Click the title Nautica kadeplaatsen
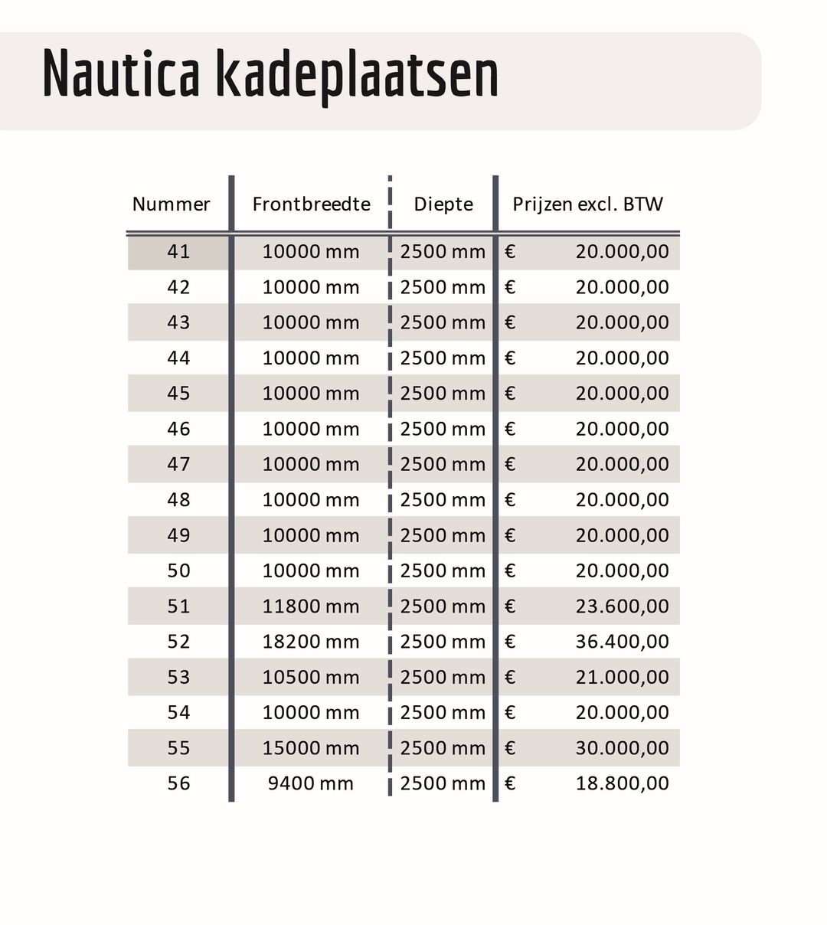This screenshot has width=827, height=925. (x=270, y=74)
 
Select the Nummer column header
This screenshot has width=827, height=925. (x=171, y=204)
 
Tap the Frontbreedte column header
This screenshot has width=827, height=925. (x=311, y=204)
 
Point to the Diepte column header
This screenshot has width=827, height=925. (x=443, y=204)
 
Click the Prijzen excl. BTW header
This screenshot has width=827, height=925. (x=587, y=204)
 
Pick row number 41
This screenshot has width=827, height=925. (x=178, y=252)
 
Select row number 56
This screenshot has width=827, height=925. (x=178, y=783)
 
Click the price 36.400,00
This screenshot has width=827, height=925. (x=622, y=642)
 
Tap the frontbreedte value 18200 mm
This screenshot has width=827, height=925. (x=311, y=642)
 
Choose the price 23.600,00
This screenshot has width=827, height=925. (x=622, y=606)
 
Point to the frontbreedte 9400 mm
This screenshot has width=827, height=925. (x=311, y=783)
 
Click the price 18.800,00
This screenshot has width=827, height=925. (x=622, y=783)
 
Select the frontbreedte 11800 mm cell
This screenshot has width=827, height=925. (x=311, y=606)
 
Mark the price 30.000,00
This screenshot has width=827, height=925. (x=622, y=748)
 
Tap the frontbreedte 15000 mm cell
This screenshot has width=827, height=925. (x=311, y=748)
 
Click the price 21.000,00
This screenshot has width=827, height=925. (x=622, y=677)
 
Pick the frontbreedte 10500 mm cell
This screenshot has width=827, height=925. (x=311, y=677)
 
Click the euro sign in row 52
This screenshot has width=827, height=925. (x=510, y=642)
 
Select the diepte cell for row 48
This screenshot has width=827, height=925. (x=443, y=500)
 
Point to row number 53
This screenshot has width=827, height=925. (x=178, y=677)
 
